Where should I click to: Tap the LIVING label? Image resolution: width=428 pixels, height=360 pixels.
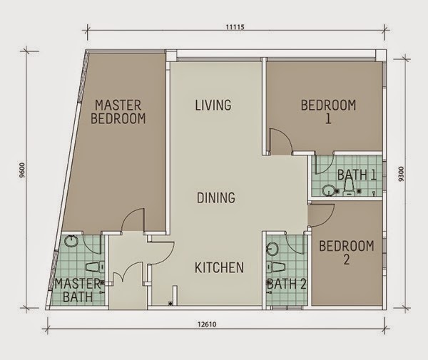(x=213, y=106)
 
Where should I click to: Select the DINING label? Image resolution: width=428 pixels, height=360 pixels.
(x=216, y=197)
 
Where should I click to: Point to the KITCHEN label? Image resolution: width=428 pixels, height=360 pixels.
(x=220, y=267)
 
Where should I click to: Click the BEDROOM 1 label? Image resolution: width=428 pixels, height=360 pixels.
(x=328, y=112)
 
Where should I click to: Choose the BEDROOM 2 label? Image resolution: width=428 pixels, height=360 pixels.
(x=347, y=253)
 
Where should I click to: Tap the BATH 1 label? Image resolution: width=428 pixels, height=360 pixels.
(x=357, y=175)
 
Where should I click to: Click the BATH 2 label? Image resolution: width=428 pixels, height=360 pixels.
(x=287, y=284)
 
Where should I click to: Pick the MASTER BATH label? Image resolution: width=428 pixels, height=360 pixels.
(x=78, y=289)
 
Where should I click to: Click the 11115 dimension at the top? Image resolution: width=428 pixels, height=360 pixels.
(x=235, y=27)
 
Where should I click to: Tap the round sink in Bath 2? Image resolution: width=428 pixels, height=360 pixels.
(x=272, y=250)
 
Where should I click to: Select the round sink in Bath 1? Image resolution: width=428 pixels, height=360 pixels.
(x=327, y=190)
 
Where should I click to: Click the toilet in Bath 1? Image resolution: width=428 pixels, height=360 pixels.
(x=347, y=187)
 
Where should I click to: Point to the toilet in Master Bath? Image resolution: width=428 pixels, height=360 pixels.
(x=94, y=266)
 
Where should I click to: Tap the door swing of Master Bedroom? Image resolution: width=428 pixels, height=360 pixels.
(x=131, y=222)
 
